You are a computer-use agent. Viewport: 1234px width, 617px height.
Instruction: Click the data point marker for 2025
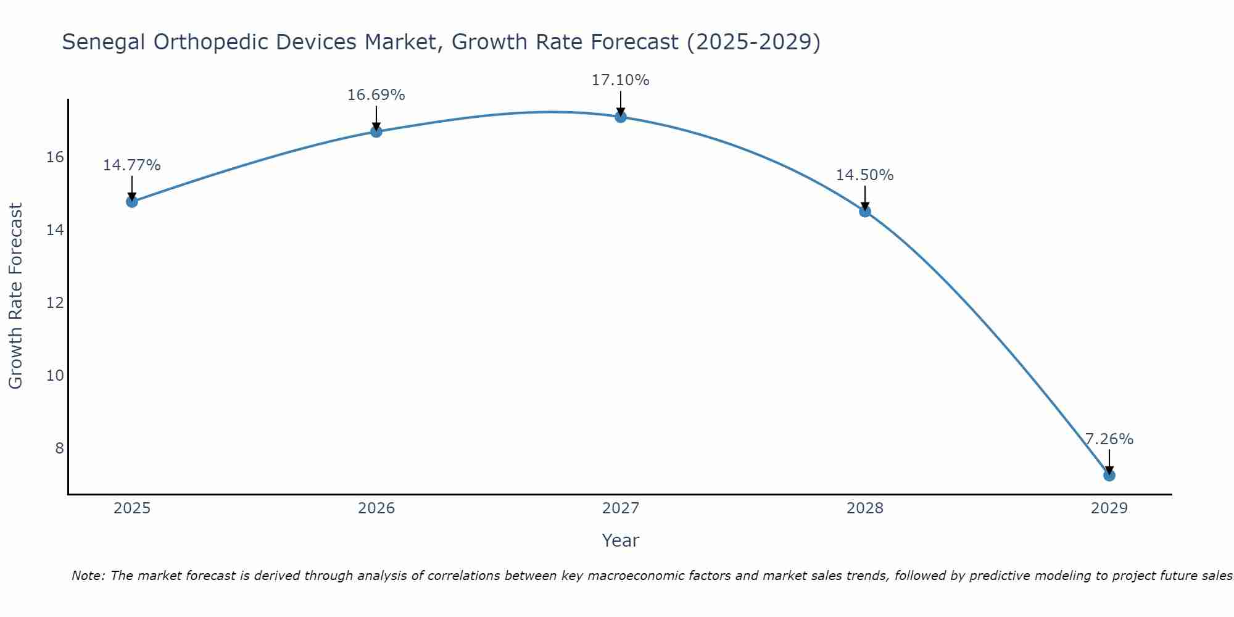point(131,201)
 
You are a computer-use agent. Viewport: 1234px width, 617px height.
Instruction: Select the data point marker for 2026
point(376,131)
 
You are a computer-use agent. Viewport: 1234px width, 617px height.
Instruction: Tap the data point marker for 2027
point(620,117)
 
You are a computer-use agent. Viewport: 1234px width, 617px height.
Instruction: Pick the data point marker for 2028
point(864,211)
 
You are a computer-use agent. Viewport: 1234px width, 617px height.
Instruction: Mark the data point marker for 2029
point(1109,475)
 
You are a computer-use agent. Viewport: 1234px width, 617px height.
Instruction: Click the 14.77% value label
point(131,165)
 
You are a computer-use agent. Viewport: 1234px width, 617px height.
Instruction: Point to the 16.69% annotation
point(376,95)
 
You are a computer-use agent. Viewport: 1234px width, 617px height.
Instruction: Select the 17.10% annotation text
point(620,80)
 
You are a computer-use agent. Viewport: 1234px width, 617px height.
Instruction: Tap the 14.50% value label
point(864,175)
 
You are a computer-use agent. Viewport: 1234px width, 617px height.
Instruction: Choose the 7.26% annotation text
point(1109,439)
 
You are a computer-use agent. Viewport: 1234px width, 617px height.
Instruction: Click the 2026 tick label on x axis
point(376,508)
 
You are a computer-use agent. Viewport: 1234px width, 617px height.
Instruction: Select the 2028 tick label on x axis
point(864,508)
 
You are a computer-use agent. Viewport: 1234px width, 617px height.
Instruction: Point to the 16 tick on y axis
point(55,157)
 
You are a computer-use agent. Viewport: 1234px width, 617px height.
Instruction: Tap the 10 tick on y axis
point(55,376)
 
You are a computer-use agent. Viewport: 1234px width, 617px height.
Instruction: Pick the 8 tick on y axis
point(59,449)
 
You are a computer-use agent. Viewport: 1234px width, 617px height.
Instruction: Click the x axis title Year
point(620,540)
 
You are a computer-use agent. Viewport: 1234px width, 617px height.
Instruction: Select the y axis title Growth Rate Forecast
point(15,296)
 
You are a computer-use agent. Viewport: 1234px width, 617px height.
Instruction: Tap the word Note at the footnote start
point(88,576)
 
